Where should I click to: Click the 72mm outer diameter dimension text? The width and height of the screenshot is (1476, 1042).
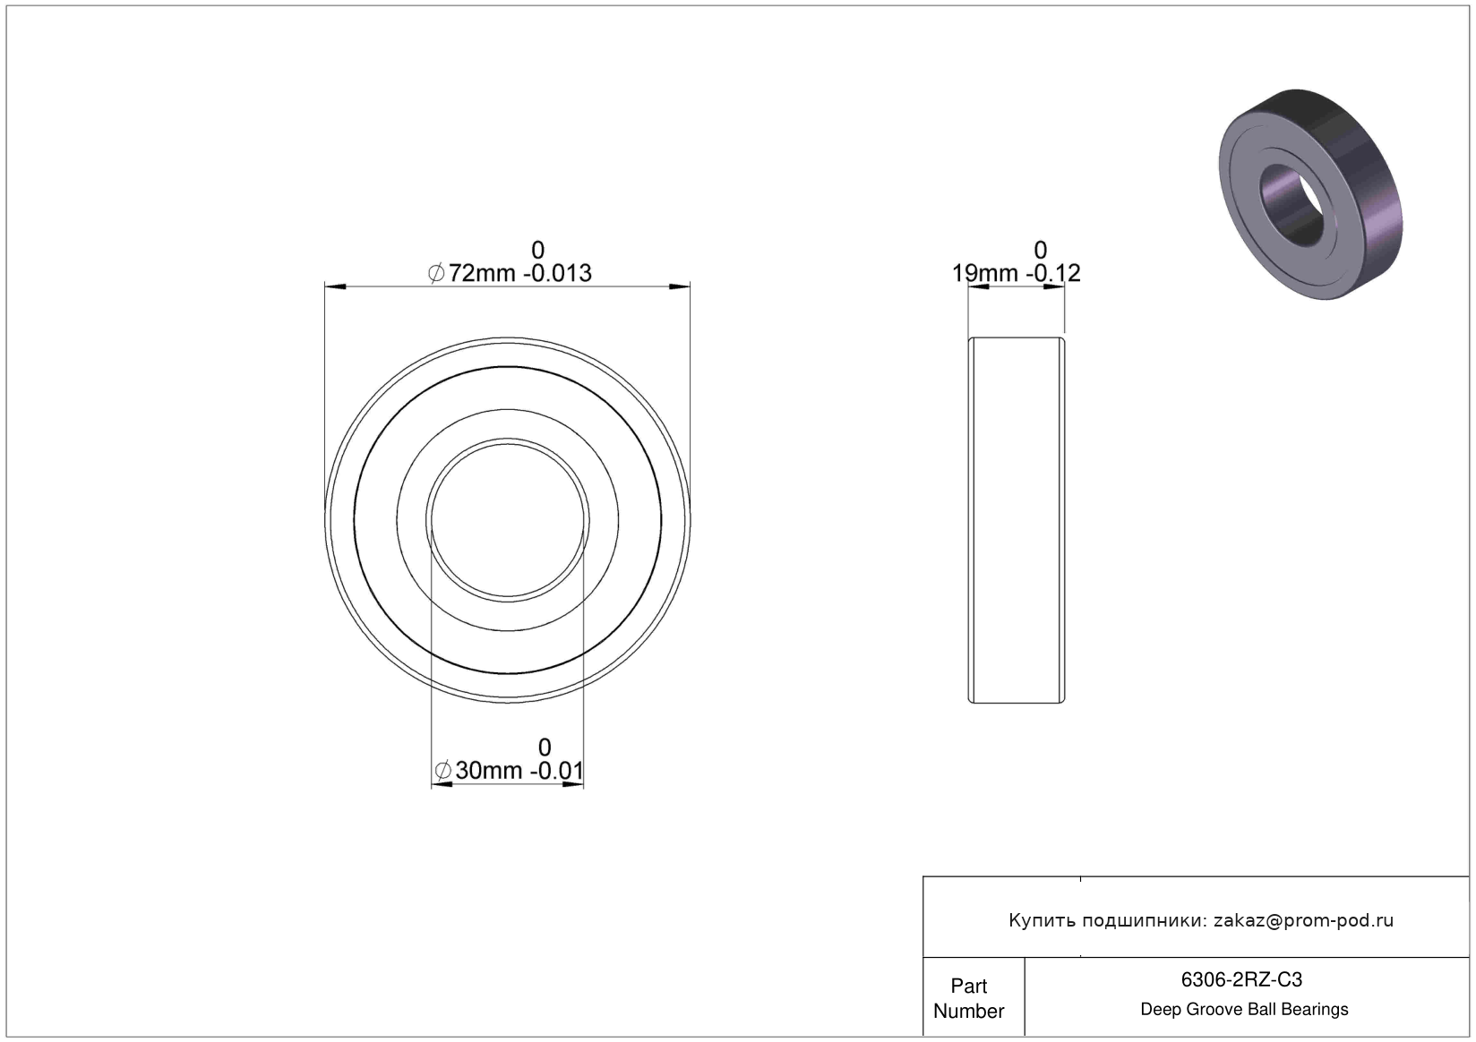tap(482, 273)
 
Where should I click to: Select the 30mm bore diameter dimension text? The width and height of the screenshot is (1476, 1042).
tap(488, 770)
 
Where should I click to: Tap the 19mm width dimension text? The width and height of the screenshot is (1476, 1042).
tap(984, 273)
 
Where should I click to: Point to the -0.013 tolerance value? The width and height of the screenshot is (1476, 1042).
tap(557, 273)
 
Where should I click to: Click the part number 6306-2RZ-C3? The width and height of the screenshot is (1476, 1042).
tap(1241, 979)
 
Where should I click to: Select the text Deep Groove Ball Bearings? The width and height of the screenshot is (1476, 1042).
tap(1244, 1009)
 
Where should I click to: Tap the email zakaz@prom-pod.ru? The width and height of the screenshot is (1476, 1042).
tap(1303, 920)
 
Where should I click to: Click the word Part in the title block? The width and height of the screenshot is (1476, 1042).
tap(969, 986)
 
